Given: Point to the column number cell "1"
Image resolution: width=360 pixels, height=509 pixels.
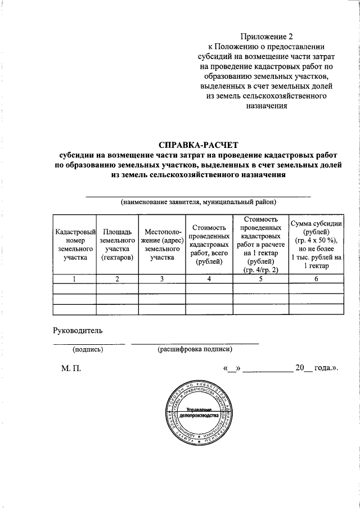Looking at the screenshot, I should [74, 278].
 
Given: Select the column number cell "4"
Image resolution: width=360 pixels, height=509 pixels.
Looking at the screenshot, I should [209, 278].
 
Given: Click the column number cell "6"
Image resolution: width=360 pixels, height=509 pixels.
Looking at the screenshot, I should [315, 278].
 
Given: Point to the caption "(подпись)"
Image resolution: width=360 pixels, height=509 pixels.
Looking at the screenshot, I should [88, 349].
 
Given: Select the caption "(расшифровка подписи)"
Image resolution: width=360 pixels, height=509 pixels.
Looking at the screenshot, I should [195, 349].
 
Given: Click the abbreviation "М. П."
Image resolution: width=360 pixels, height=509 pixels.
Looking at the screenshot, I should [71, 368].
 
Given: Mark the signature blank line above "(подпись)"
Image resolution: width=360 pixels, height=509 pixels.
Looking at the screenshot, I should [89, 343].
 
